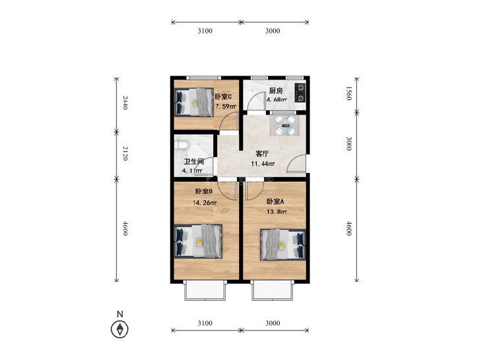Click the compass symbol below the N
(119, 330)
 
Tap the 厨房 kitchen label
(275, 91)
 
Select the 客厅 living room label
(262, 154)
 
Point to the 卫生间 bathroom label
(194, 161)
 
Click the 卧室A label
(275, 201)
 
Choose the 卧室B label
(204, 192)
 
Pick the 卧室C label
(223, 97)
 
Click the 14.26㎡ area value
(205, 203)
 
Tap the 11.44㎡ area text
(263, 164)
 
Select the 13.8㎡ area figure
(277, 212)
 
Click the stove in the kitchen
(300, 93)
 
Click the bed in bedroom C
(194, 102)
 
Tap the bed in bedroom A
(283, 245)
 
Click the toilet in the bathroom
(180, 145)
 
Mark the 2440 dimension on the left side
(125, 103)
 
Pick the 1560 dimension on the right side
(349, 93)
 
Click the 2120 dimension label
(125, 153)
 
